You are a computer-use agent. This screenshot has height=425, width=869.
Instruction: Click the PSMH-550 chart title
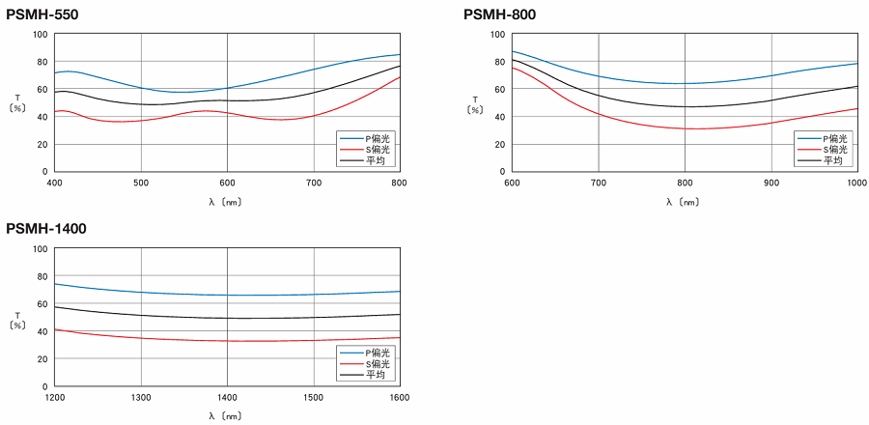coord(42,14)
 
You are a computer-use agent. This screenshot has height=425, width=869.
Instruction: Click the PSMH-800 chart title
coord(499,14)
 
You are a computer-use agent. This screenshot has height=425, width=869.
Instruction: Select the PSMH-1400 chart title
coord(46,229)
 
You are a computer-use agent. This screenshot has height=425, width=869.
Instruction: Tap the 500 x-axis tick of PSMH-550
coord(141,182)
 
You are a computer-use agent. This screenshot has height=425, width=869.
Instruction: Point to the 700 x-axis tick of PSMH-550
coord(314,182)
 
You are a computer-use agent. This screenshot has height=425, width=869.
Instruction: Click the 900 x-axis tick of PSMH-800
coord(771,182)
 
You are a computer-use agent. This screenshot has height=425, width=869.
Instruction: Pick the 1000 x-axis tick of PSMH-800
coord(855,182)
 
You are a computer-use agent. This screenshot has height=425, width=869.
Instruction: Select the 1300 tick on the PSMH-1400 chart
coord(141,396)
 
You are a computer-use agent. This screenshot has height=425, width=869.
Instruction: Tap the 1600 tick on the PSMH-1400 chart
coord(398,396)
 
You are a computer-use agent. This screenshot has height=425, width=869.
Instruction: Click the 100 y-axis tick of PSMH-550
coord(40,35)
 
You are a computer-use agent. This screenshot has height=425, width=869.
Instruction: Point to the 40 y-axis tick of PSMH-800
coord(498,117)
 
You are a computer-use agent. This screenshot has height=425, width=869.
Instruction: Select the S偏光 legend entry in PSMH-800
coord(826,150)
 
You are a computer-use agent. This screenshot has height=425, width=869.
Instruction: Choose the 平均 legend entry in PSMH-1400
coord(368,374)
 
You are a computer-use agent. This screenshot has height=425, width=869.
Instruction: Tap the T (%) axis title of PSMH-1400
coord(17,321)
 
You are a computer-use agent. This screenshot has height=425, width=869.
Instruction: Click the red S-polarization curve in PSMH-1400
coord(228,340)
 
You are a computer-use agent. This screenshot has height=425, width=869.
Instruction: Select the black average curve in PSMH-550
coord(228,100)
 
